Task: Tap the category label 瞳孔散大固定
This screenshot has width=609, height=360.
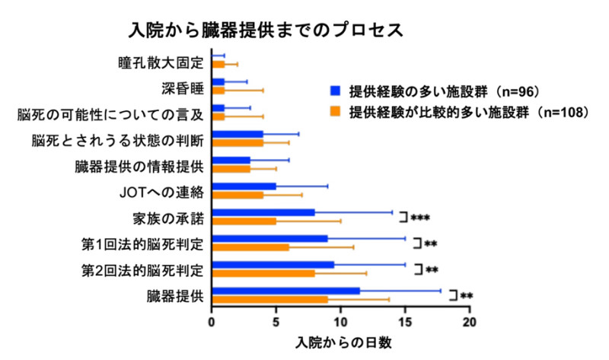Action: (161, 62)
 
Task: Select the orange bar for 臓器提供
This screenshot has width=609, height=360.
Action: (270, 299)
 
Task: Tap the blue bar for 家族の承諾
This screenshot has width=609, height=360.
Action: (263, 212)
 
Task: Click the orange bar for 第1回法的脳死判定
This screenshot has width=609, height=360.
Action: (250, 247)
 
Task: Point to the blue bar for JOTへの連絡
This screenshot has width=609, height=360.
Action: (244, 186)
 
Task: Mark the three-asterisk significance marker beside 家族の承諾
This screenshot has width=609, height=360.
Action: (420, 218)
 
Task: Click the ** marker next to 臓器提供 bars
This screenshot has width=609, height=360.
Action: (467, 296)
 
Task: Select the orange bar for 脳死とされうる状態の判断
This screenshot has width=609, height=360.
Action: (238, 142)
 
